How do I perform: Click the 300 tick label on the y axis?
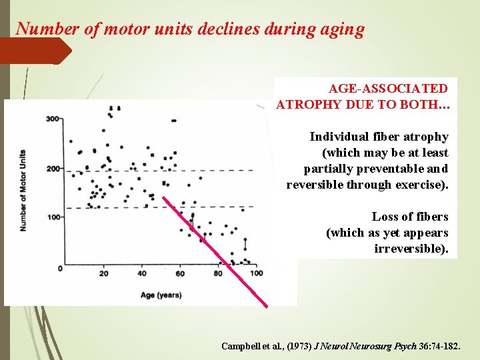click(x=53, y=119)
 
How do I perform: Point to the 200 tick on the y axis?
click(x=53, y=168)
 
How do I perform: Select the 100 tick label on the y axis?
click(x=53, y=217)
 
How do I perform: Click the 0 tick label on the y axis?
click(x=59, y=268)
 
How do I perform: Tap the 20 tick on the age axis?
click(x=103, y=273)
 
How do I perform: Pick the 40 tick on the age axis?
click(x=142, y=273)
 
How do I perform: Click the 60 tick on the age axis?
click(x=180, y=273)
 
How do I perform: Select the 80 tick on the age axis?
click(x=218, y=273)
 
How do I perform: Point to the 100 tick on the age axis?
click(x=256, y=273)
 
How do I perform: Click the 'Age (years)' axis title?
click(x=161, y=294)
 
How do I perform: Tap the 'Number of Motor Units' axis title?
click(x=23, y=190)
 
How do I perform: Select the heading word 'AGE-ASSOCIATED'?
click(x=388, y=88)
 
